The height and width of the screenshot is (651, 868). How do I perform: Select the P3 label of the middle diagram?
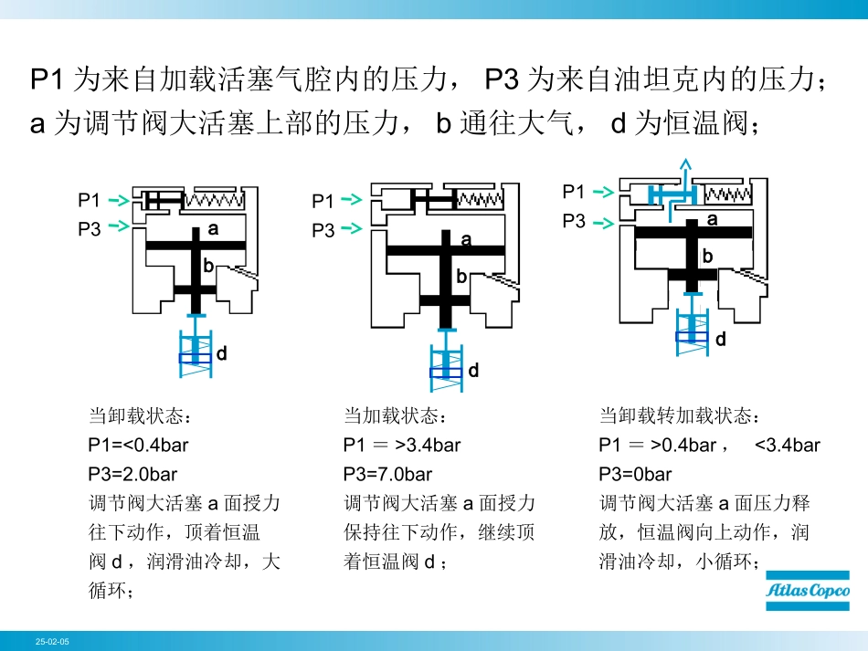(x=323, y=231)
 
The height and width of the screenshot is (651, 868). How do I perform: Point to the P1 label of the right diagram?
(x=574, y=192)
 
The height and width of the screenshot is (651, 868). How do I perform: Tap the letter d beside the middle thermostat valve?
(x=473, y=371)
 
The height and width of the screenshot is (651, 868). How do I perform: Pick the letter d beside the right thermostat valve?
(x=720, y=340)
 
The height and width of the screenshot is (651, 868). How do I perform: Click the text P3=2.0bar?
(x=132, y=475)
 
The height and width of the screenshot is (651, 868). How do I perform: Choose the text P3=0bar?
(x=635, y=475)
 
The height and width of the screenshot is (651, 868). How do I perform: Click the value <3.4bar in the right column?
(x=788, y=446)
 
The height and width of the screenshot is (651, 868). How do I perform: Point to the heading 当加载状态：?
(x=396, y=417)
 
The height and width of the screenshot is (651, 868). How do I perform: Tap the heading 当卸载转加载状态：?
(x=679, y=417)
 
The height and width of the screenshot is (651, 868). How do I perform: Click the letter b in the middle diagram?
(x=461, y=277)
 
